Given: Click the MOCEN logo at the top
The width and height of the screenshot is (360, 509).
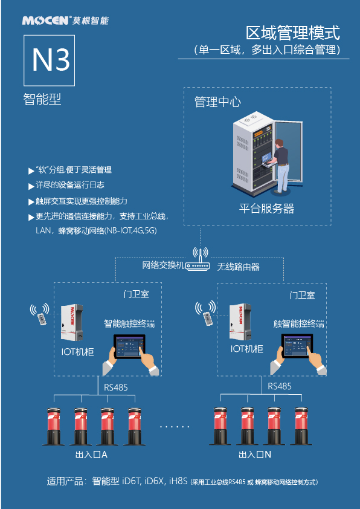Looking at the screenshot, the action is point(65,21).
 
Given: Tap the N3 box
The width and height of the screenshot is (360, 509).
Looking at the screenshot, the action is point(50,60).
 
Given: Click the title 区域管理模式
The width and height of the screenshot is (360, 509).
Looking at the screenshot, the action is point(292,33).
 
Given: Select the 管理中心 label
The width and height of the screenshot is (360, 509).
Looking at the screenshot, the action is point(217,102).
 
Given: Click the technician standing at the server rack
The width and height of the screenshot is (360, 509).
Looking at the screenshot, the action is point(281,165).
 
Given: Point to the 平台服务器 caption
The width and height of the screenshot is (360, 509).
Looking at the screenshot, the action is point(266,208).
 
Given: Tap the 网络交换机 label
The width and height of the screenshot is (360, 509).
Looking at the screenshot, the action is point(163,265).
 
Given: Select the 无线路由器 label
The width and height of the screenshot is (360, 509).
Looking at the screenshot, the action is point(239,267).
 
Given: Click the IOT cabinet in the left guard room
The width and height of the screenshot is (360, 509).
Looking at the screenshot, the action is point(72,323).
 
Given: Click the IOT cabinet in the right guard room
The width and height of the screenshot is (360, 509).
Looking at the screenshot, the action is point(240,322).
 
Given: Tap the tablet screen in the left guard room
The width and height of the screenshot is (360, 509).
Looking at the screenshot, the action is point(129,346).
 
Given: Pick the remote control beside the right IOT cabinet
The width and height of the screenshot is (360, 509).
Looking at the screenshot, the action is point(207,318).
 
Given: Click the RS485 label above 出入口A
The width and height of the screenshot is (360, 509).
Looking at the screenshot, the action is point(116,387).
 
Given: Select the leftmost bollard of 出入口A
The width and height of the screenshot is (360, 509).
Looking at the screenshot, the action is point(54,427).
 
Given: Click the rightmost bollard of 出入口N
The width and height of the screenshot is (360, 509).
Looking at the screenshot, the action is point(301,426).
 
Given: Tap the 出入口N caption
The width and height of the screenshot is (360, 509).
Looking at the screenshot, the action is point(255,455).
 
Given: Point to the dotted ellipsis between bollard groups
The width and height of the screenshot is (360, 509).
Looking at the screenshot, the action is point(175,427).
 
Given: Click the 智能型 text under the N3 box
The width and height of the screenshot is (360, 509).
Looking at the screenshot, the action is point(42,99).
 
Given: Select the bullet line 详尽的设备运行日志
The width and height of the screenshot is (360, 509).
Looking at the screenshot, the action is point(66,186).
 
